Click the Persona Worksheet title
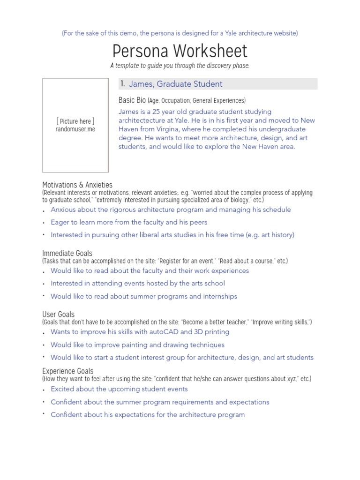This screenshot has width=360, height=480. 180,51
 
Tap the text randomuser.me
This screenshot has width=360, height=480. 75,129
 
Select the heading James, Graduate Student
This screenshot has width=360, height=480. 175,84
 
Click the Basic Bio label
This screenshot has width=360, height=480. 133,100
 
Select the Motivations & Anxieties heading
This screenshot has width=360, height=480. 77,185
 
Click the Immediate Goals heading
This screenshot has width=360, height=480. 67,253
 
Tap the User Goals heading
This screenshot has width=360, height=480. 58,314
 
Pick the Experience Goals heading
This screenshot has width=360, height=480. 68,371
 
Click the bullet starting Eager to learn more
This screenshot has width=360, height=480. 129,222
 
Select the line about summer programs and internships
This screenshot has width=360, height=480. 144,296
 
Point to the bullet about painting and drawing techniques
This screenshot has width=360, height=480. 137,345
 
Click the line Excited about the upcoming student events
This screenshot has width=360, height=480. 119,389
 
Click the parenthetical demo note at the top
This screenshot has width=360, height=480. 180,33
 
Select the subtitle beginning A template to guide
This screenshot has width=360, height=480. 180,66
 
